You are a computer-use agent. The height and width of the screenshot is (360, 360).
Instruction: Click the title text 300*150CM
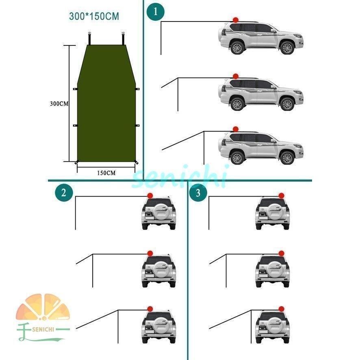pyautogui.click(x=94, y=16)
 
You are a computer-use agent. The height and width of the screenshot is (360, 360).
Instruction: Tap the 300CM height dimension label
pyautogui.click(x=59, y=104)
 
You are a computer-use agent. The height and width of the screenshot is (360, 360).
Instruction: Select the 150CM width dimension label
pyautogui.click(x=106, y=173)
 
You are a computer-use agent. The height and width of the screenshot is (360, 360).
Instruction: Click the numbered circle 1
pyautogui.click(x=156, y=11)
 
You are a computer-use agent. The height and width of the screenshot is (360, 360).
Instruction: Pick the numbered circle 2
pyautogui.click(x=64, y=193)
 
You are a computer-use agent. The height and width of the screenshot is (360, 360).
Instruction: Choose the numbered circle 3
pyautogui.click(x=198, y=193)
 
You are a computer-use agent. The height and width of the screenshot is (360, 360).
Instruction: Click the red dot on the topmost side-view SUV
pyautogui.click(x=236, y=20)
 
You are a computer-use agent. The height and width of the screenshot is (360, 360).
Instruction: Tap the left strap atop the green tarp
pyautogui.click(x=89, y=38)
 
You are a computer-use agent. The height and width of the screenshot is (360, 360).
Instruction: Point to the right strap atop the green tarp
pyautogui.click(x=124, y=38)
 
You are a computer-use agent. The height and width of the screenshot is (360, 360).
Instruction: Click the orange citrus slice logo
pyautogui.click(x=43, y=307)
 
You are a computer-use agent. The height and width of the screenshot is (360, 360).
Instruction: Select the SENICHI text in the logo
pyautogui.click(x=43, y=330)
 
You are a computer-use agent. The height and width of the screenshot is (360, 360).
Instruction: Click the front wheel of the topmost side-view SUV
pyautogui.click(x=287, y=48)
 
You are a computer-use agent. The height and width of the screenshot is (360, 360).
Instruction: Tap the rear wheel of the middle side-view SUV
pyautogui.click(x=237, y=104)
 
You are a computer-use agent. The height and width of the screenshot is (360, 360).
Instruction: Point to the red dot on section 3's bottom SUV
pyautogui.click(x=281, y=309)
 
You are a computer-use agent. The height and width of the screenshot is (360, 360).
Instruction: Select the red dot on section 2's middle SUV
pyautogui.click(x=150, y=253)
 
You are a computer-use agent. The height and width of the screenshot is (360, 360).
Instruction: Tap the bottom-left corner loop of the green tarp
pyautogui.click(x=76, y=162)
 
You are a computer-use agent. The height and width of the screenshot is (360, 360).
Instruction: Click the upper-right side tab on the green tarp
pyautogui.click(x=137, y=89)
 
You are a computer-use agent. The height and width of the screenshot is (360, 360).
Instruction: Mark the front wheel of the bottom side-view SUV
pyautogui.click(x=287, y=158)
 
